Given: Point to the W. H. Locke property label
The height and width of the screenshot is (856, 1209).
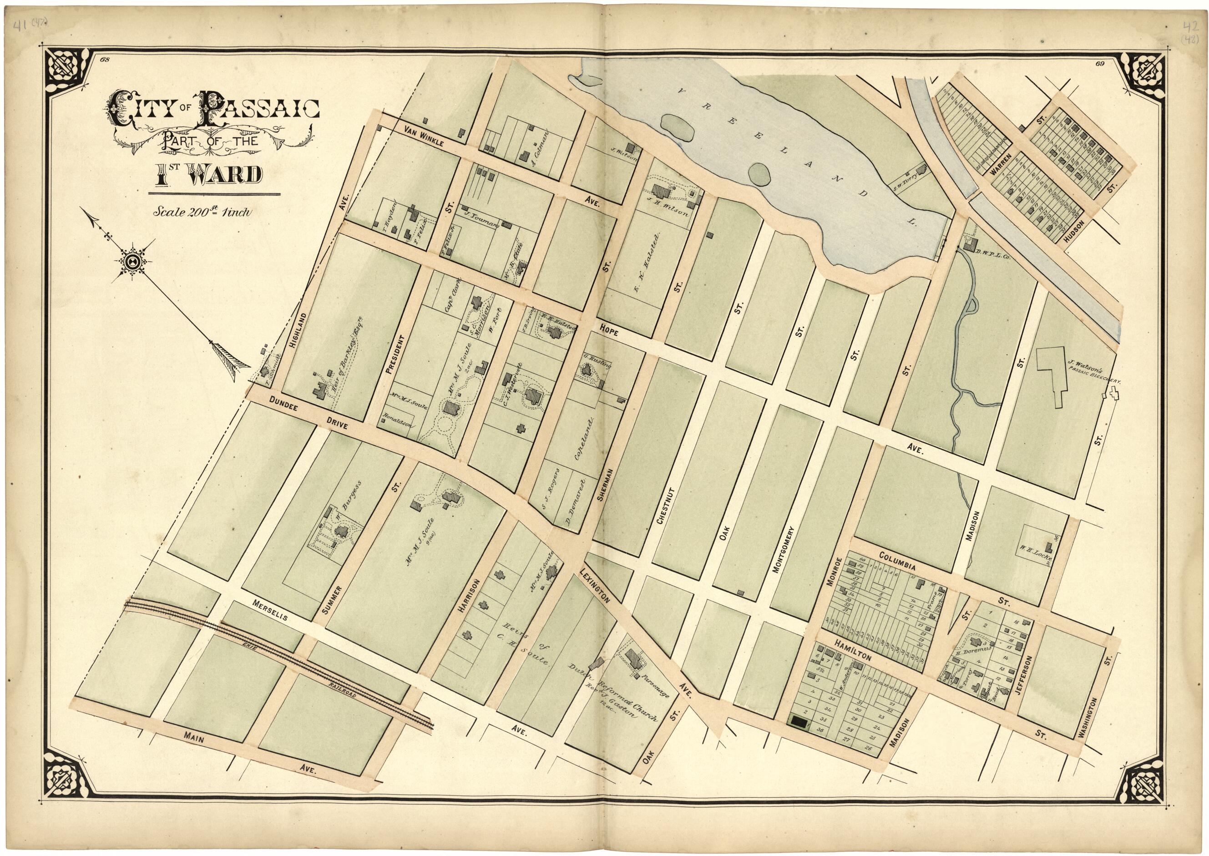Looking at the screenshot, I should tap(1035, 557).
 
